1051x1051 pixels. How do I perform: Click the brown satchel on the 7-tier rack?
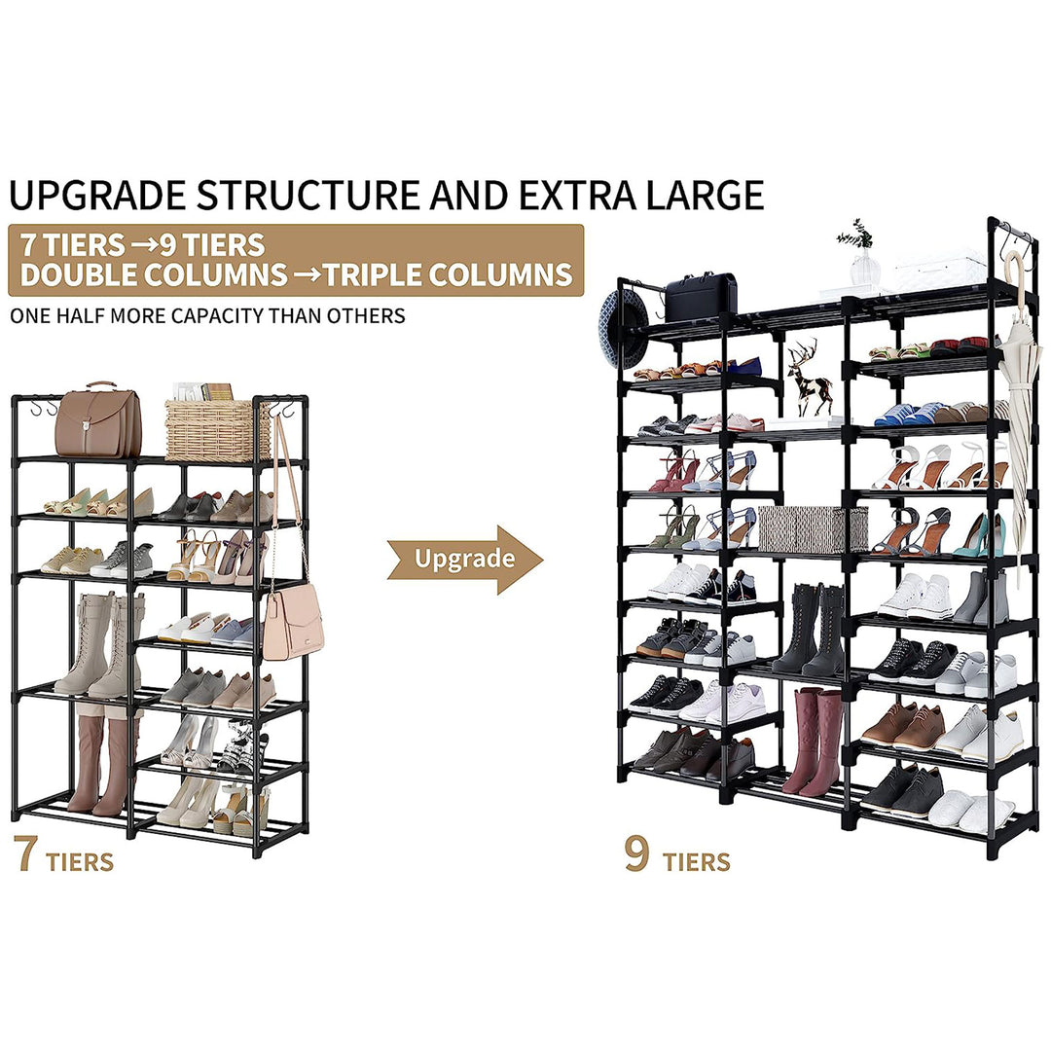98,421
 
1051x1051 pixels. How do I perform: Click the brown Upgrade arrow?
464,560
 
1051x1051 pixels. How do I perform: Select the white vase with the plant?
862,259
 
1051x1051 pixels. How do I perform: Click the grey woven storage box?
813,528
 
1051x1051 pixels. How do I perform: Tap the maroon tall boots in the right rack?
812,742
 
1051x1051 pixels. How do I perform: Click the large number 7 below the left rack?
25,852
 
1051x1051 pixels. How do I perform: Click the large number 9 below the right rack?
636,852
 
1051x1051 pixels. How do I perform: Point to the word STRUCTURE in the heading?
309,195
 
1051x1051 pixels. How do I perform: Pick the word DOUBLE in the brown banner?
81,274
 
